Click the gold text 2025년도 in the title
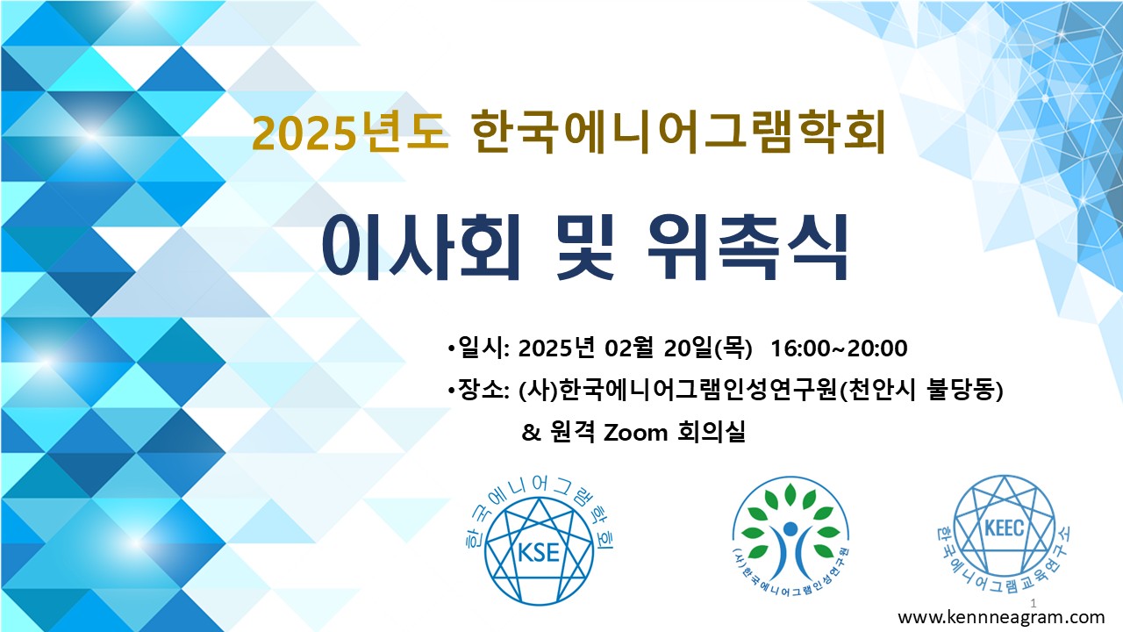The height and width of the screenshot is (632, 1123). point(350,133)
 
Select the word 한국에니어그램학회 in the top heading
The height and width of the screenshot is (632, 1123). point(679,132)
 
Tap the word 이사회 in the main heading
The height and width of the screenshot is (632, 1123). point(420,248)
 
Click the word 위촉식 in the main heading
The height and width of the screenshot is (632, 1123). point(747,248)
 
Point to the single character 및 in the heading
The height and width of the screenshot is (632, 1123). point(584,248)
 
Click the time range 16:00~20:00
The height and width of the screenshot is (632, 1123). point(839,348)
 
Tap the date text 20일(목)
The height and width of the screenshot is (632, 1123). point(708,348)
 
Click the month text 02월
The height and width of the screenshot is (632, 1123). point(629,348)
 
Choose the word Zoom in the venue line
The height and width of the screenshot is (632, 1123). point(636,433)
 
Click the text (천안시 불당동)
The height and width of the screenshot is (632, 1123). point(921,391)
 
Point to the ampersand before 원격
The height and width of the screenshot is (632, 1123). point(532,433)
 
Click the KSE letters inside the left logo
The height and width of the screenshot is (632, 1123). point(539,553)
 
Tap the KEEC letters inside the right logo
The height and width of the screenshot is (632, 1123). point(1005,528)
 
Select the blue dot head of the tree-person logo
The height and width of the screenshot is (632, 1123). point(790,528)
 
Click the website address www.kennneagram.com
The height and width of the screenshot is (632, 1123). point(1001,617)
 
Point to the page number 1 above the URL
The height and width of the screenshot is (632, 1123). point(1034,603)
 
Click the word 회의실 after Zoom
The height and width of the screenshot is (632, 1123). point(712,433)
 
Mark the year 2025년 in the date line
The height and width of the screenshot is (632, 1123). point(556,348)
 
